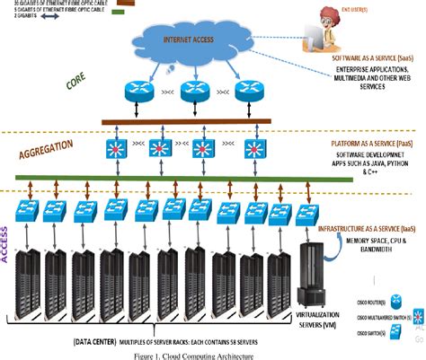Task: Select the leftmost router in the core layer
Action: [x=135, y=90]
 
